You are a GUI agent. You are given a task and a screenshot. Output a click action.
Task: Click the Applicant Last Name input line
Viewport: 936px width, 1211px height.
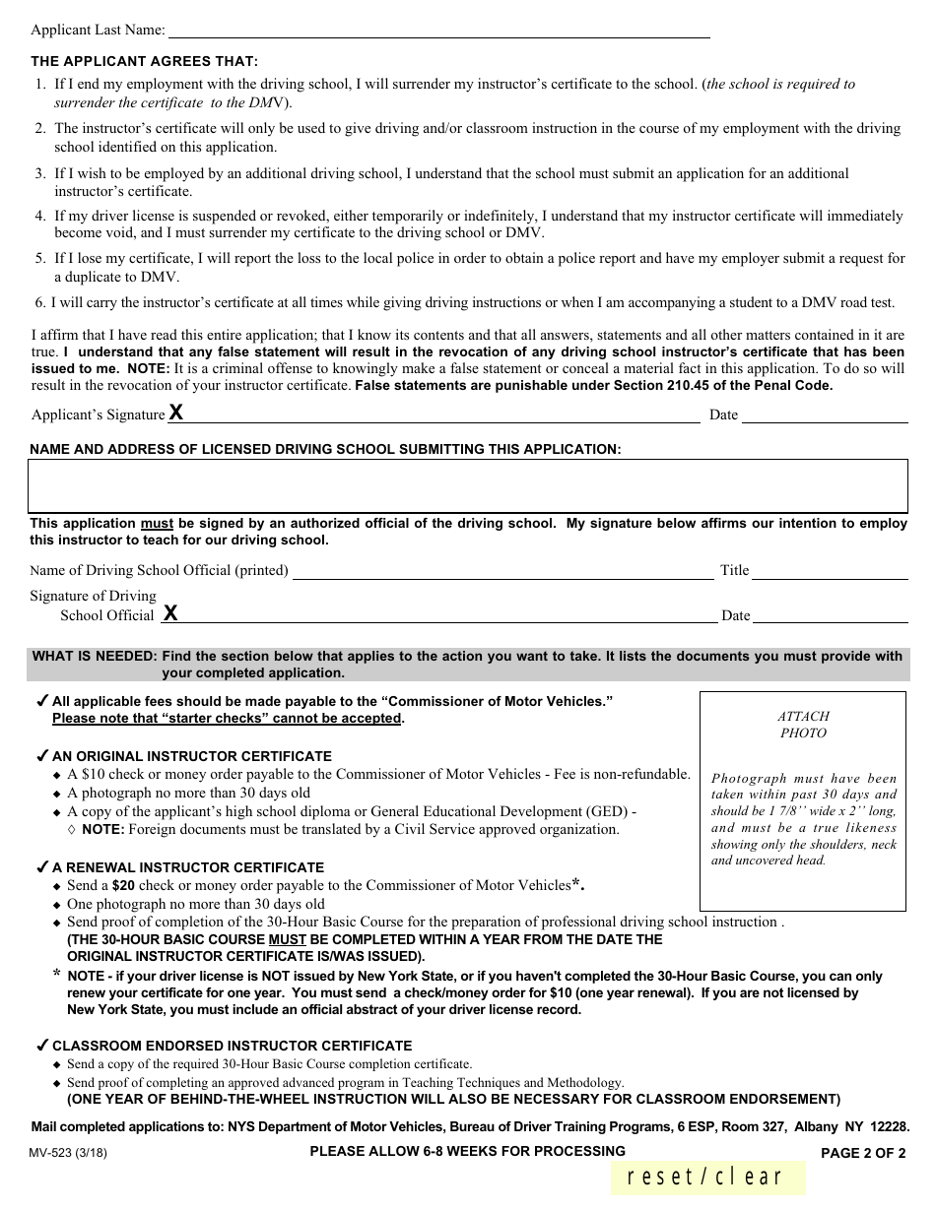(438, 32)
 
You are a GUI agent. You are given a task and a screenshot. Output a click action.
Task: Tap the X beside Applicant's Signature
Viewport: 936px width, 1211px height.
(175, 413)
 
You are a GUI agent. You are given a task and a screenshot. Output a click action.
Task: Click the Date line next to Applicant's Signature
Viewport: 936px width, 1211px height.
(824, 415)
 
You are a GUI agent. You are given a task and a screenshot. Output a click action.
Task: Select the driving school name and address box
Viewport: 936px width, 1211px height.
(468, 485)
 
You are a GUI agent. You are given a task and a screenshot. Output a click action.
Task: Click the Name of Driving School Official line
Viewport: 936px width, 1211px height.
(502, 571)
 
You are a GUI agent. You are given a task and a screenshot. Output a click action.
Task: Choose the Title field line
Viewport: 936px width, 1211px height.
(831, 571)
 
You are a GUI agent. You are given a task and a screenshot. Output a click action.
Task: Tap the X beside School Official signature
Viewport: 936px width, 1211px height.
(170, 613)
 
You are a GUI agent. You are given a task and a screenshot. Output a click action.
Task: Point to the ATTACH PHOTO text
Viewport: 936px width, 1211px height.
(803, 725)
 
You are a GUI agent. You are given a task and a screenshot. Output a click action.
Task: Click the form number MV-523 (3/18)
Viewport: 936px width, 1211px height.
(69, 1153)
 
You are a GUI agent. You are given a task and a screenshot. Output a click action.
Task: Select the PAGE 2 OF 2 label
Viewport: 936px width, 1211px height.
(863, 1153)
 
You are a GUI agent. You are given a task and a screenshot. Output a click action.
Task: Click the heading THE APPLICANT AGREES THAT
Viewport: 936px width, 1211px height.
(145, 61)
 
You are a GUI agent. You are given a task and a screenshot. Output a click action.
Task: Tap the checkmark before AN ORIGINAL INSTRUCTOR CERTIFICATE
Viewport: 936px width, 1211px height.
(42, 756)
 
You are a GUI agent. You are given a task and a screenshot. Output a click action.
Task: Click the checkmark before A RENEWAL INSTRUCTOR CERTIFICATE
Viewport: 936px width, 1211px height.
(42, 867)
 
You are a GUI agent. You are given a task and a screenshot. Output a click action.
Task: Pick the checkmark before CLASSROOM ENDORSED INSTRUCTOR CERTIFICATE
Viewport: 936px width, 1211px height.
(42, 1045)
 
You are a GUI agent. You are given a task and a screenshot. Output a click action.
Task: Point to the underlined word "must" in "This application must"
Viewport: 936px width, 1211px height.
(157, 524)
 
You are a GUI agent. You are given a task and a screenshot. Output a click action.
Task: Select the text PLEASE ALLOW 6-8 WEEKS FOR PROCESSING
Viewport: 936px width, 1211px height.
(467, 1151)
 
